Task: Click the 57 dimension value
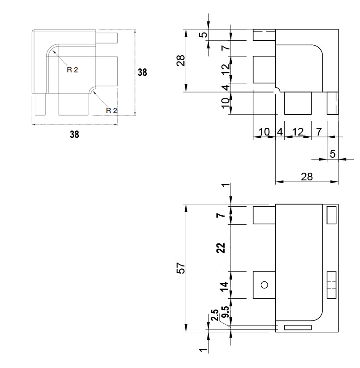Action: (x=181, y=268)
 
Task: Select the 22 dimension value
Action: (x=221, y=248)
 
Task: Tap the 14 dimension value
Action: (x=225, y=286)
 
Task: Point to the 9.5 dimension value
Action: (x=226, y=312)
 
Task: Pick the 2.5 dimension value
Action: (x=215, y=315)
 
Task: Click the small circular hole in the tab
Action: (x=264, y=285)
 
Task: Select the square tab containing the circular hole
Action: (x=264, y=285)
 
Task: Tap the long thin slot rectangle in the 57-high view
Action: (x=298, y=327)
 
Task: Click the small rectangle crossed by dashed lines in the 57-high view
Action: (x=331, y=285)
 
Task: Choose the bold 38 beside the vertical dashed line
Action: (x=142, y=73)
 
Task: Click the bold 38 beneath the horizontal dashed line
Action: (x=74, y=135)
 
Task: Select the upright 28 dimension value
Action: (x=307, y=177)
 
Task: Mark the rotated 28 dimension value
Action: (x=181, y=61)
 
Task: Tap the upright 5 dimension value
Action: (x=332, y=154)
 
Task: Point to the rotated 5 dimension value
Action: (x=204, y=34)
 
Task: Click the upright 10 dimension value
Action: (x=264, y=132)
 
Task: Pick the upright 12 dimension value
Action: (x=298, y=132)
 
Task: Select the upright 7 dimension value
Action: (x=319, y=132)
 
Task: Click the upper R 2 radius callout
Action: (x=72, y=70)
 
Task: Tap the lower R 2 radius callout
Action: (x=111, y=111)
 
